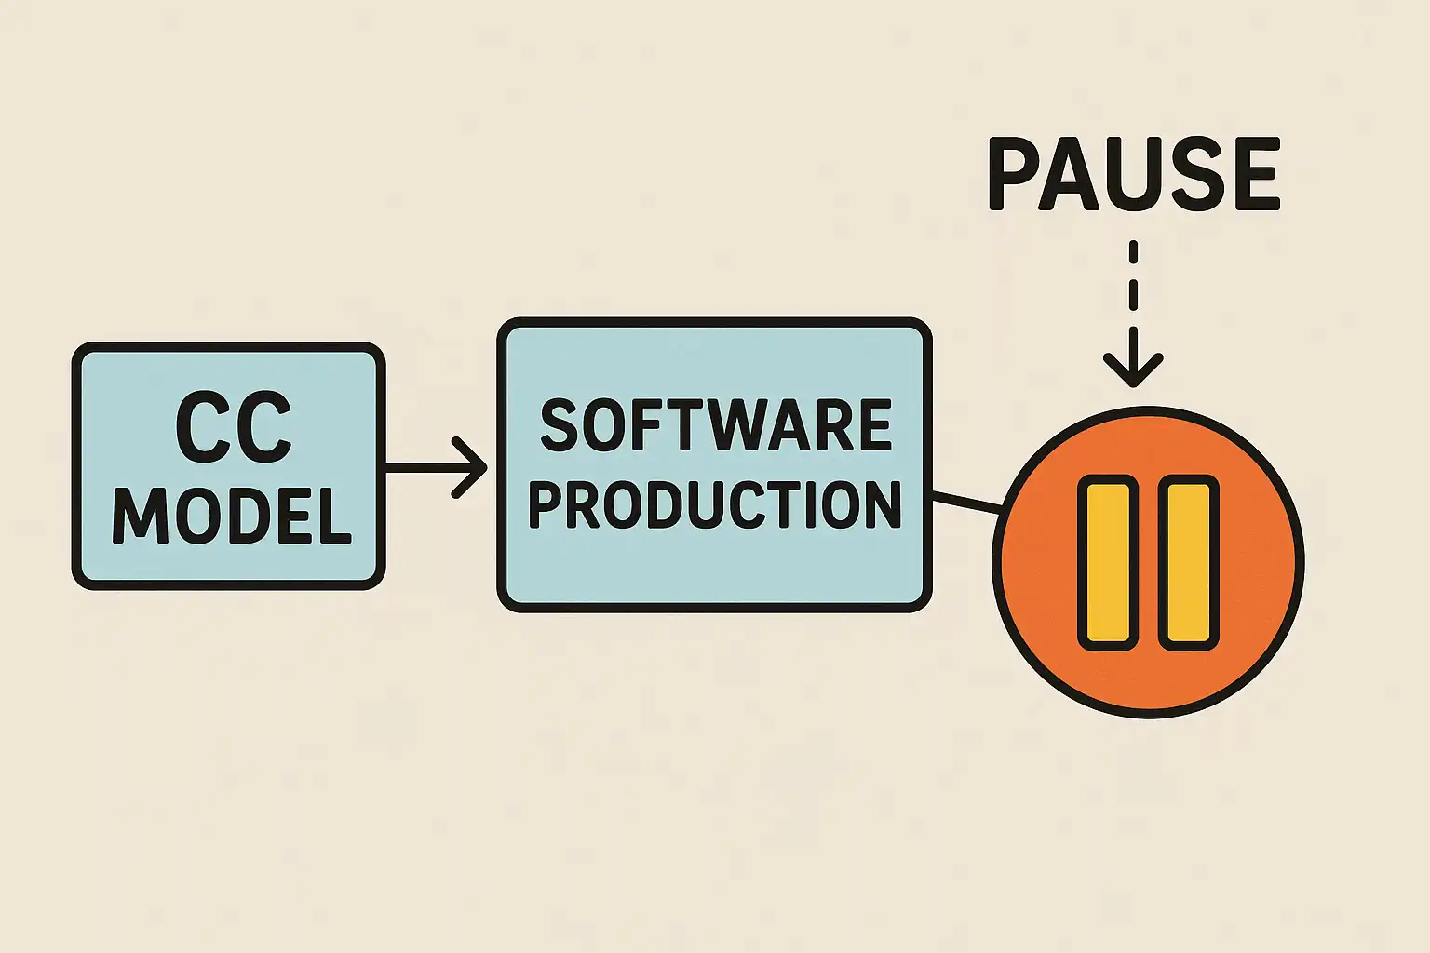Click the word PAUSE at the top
coord(1133,175)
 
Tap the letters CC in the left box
coord(233,427)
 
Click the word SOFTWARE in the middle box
coord(715,426)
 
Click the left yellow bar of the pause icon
coord(1108,562)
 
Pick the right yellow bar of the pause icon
coord(1188,562)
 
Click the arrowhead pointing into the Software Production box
coord(475,467)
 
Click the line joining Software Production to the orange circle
coord(966,503)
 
